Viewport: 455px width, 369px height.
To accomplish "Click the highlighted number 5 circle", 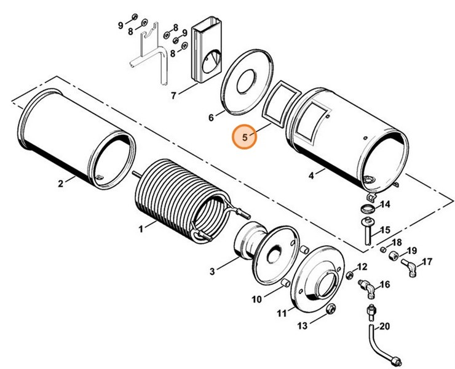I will point(245,137).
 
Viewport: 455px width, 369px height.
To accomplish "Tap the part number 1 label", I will point(141,229).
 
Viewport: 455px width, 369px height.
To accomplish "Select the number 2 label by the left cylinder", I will point(61,183).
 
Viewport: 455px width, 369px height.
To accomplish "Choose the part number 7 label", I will point(174,95).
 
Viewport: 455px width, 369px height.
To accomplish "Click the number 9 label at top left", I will point(121,25).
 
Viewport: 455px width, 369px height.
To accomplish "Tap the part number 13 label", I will point(319,325).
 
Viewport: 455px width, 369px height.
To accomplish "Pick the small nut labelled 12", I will point(349,273).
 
